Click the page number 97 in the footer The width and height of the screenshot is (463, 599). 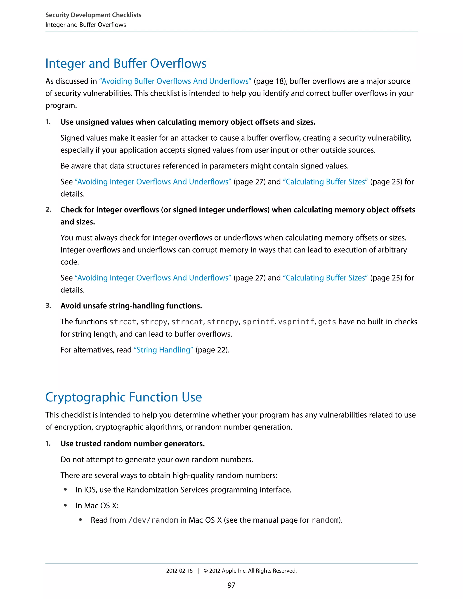coord(231,585)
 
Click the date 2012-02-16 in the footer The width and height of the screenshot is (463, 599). coord(179,571)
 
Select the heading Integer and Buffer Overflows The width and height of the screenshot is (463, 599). coord(126,63)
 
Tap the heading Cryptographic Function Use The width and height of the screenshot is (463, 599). coord(123,397)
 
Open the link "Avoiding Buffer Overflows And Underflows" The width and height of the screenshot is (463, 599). coord(175,81)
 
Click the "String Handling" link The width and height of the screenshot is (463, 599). coord(163,350)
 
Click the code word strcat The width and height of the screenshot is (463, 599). coord(123,322)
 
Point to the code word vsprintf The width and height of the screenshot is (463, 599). coord(296,322)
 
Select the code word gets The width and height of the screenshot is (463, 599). coord(327,322)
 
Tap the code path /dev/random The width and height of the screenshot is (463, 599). coord(153,520)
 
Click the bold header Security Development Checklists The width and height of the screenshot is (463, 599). coord(93,15)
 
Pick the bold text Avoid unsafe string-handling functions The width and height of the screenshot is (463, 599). coord(131,306)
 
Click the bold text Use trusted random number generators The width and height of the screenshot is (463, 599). coord(132,444)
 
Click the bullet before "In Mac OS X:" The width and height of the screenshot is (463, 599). coord(65,505)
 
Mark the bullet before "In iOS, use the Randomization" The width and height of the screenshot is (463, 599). coord(65,490)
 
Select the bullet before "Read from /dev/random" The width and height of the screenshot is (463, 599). coord(80,520)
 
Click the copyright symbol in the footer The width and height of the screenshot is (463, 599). coord(206,571)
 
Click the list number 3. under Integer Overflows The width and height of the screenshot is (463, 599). coord(48,306)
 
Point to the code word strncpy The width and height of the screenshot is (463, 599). coord(222,322)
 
